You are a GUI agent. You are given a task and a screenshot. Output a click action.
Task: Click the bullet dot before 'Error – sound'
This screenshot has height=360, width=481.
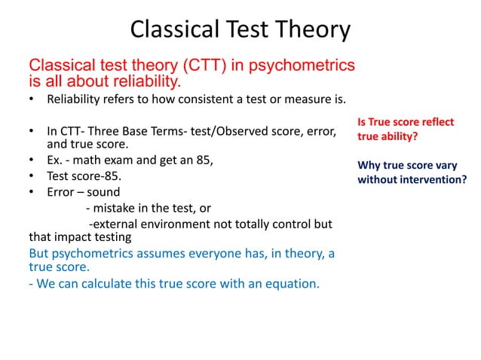[32, 192]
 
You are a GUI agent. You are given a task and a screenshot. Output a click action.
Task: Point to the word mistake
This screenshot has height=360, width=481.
[120, 208]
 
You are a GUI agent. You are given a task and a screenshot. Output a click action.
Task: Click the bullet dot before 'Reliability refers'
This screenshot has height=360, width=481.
[32, 99]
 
